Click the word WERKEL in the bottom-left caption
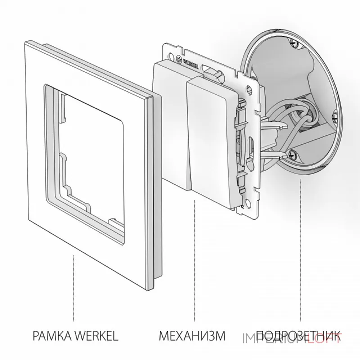95,335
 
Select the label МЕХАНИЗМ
191,335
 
